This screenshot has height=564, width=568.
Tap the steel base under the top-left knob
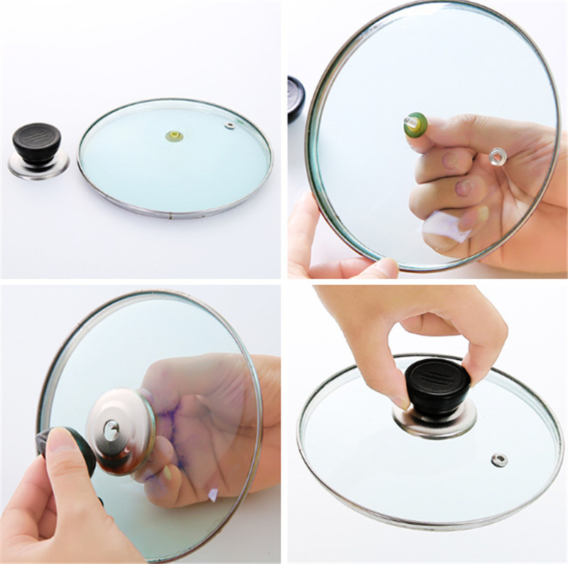click(x=39, y=168)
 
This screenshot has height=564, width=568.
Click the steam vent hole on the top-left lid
click(x=229, y=126)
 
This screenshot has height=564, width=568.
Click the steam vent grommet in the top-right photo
click(x=498, y=153)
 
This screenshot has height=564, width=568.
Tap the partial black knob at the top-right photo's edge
click(x=295, y=100)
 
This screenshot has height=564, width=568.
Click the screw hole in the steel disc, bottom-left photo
click(x=111, y=428)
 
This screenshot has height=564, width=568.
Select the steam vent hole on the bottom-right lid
click(x=501, y=459)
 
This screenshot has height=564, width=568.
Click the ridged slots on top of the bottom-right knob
click(x=435, y=374)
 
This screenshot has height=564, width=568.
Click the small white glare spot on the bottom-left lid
click(x=213, y=495)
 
